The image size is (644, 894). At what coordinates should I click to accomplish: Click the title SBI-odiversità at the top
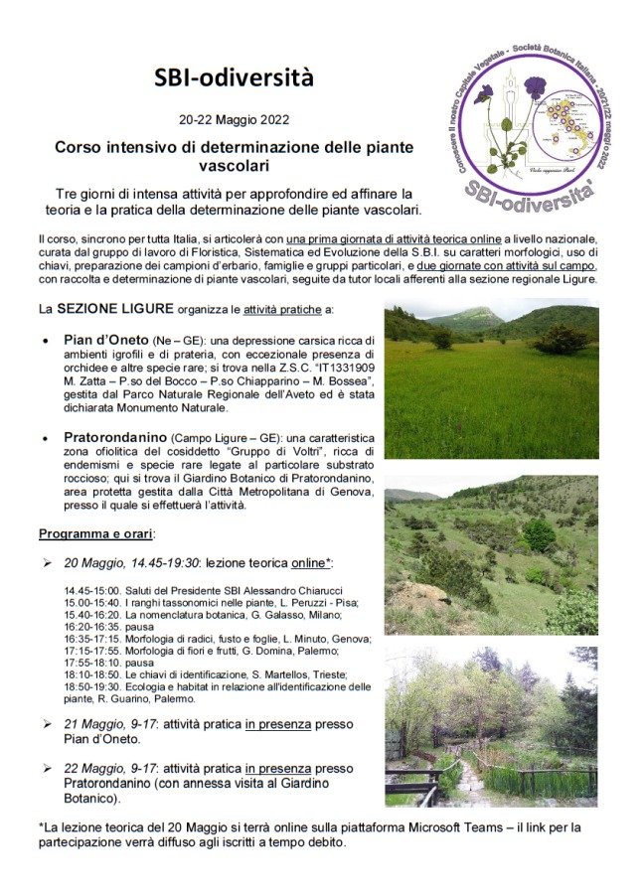click(x=234, y=77)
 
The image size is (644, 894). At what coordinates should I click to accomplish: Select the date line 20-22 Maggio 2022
click(x=234, y=120)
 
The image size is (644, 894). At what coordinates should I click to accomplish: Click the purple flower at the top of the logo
click(x=536, y=87)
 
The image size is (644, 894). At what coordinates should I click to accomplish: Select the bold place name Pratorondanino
click(x=116, y=437)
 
